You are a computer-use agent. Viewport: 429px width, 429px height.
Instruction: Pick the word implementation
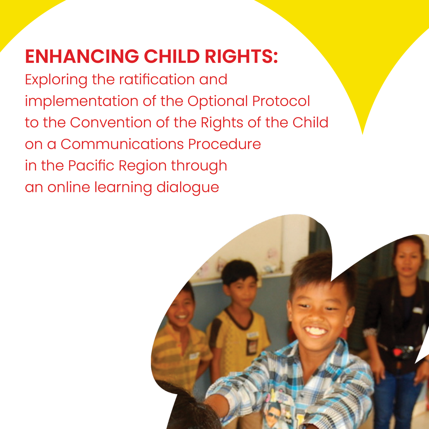(x=82, y=101)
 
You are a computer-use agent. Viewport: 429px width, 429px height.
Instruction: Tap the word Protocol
(x=281, y=101)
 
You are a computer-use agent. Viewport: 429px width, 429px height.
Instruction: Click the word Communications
(x=122, y=144)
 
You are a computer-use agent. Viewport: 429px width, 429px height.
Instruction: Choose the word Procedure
(x=225, y=144)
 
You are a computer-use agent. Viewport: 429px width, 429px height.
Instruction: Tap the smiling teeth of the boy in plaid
(x=316, y=331)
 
